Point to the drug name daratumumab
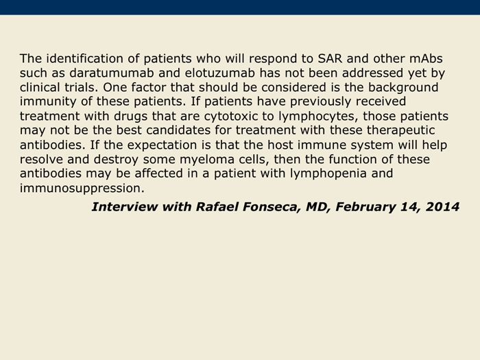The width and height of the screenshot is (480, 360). [x=111, y=73]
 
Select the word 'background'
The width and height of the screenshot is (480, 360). [x=403, y=88]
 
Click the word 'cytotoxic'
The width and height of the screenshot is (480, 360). [x=231, y=117]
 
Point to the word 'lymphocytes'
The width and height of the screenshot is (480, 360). [x=318, y=117]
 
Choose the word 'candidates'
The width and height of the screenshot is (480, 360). [x=178, y=130]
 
